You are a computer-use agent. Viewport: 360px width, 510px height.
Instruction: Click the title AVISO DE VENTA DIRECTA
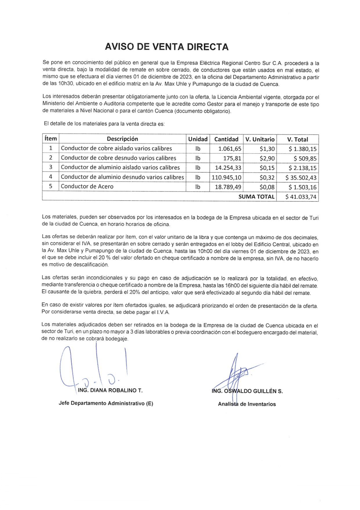click(167, 47)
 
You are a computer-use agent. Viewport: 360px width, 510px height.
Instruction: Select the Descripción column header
click(122, 139)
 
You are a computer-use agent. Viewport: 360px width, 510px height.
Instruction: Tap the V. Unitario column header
click(260, 139)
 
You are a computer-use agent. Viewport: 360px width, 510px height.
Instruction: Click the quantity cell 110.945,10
click(226, 177)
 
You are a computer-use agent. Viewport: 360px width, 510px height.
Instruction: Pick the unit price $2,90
click(267, 158)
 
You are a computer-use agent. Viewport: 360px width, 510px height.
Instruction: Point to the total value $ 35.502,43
click(301, 178)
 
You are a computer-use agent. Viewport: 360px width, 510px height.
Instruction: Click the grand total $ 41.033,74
click(301, 197)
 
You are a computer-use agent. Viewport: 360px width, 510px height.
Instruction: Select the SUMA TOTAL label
click(256, 197)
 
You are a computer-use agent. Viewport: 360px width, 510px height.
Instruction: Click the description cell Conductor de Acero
click(87, 187)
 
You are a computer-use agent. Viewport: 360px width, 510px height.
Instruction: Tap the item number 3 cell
click(51, 167)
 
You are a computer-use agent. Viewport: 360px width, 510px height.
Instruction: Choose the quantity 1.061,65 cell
click(230, 149)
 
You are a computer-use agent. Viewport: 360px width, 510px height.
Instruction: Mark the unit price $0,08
click(267, 187)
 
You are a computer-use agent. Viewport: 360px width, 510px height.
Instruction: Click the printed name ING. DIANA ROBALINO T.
click(110, 390)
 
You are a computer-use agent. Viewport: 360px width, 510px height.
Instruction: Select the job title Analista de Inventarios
click(247, 404)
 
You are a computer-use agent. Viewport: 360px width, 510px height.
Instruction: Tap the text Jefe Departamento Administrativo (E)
click(106, 403)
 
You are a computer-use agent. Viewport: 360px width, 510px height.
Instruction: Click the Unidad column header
click(198, 139)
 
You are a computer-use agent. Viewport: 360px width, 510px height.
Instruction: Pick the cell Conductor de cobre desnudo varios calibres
click(118, 158)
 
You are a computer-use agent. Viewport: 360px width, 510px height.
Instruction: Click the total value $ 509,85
click(305, 159)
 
